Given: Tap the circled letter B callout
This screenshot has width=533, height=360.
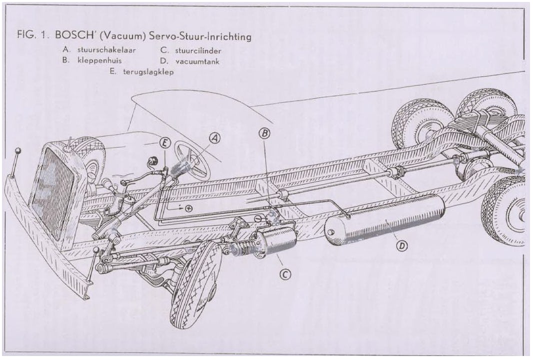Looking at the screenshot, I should pos(264,133).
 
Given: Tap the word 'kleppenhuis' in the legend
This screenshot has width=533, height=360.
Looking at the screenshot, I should pos(90,60).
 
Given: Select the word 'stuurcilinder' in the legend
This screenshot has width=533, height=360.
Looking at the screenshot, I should pos(198,50).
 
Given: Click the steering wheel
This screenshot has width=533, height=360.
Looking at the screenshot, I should pos(192,160).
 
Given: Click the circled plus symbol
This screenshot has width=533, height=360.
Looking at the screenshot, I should pos(188,208).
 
